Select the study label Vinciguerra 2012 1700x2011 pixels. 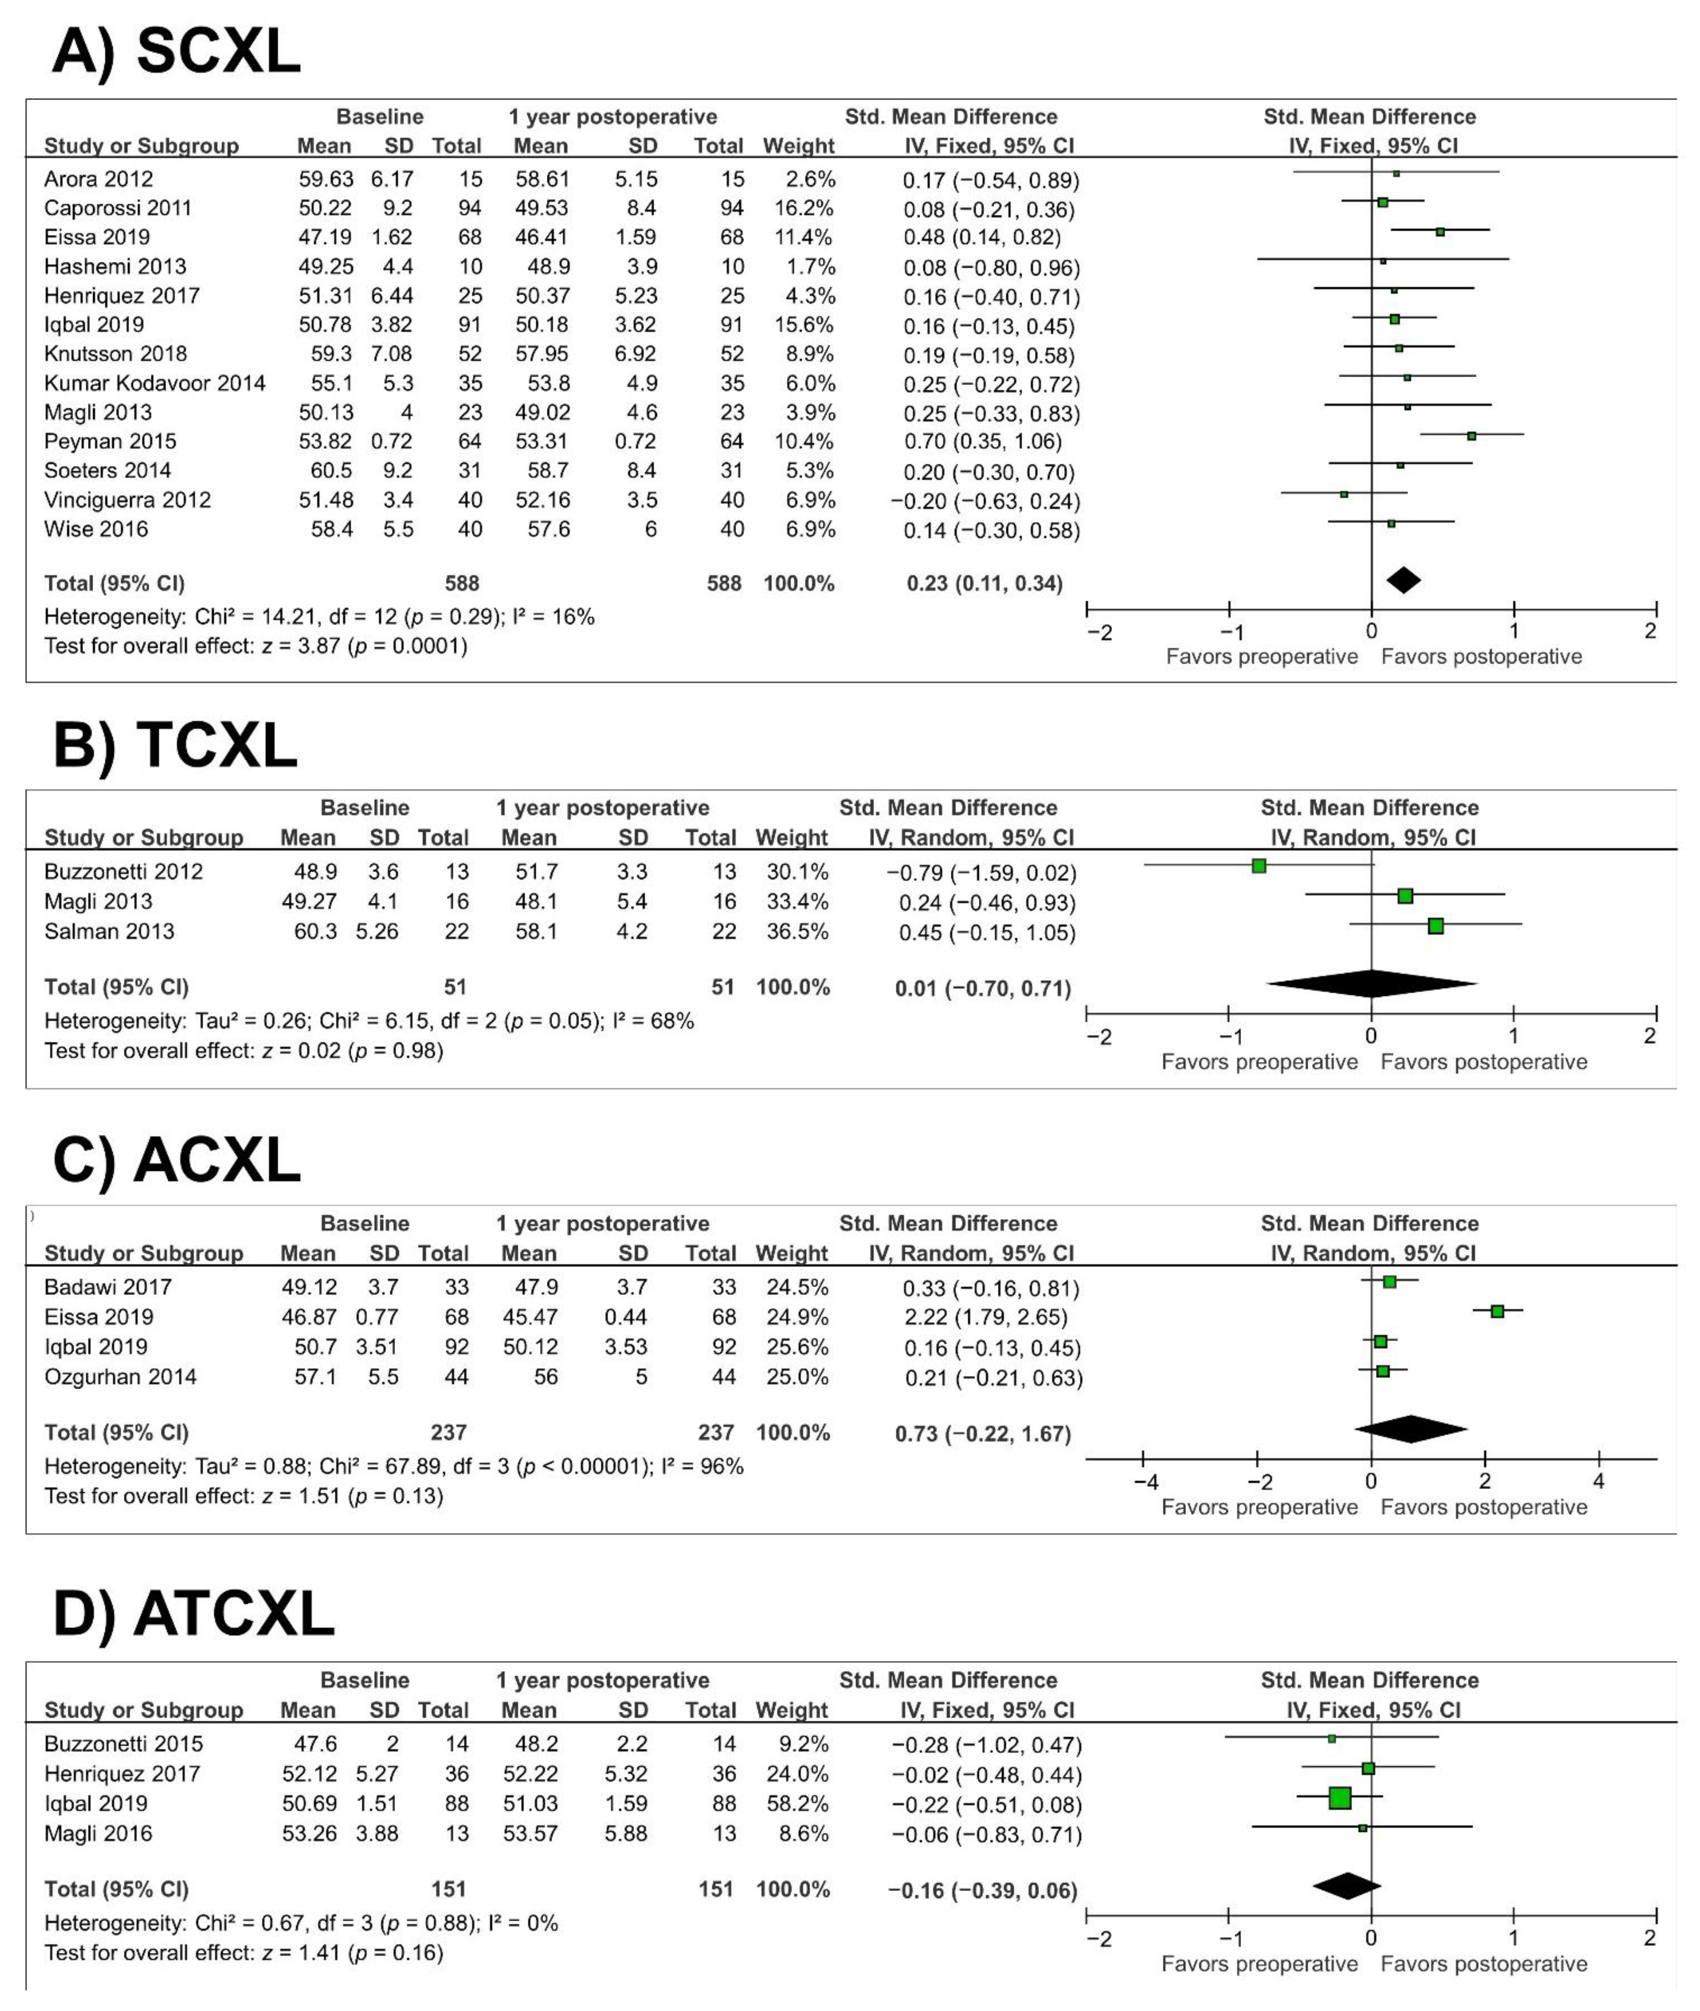pos(127,500)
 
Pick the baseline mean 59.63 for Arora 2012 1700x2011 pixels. pos(325,179)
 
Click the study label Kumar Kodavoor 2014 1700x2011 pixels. pos(154,383)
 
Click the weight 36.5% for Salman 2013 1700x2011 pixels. pos(792,932)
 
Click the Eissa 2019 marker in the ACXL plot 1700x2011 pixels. pos(1497,1311)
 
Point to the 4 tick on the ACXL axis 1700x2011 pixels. pos(1599,1482)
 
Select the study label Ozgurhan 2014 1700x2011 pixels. pos(120,1377)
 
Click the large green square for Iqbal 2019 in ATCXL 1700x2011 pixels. pos(1340,1798)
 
